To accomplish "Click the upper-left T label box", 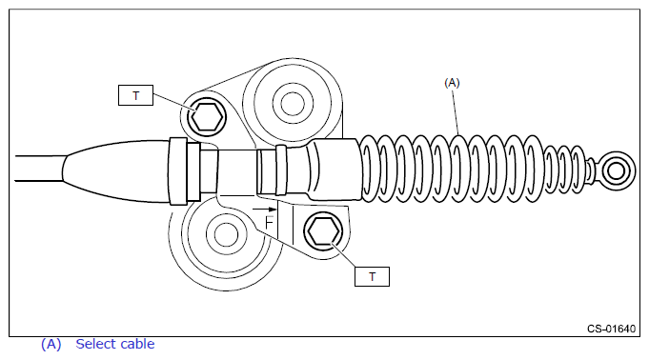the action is point(135,95).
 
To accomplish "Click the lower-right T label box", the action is point(372,276).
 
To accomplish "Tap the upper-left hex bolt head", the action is point(207,117).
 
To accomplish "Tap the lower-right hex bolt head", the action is point(323,230).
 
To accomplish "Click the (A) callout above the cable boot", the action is point(452,83).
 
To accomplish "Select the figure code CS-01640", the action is point(611,329).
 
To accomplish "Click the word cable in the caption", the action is point(138,344).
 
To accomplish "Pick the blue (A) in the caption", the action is point(51,344).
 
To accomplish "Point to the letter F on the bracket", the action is point(269,223).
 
